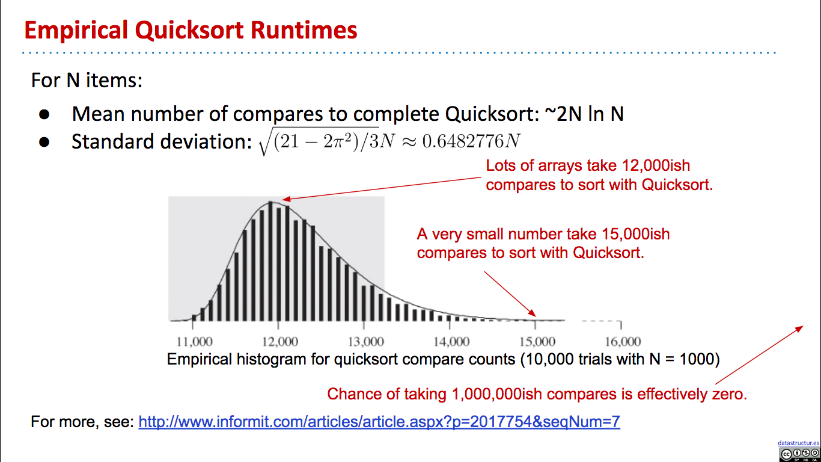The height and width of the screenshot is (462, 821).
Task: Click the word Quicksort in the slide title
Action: pos(189,31)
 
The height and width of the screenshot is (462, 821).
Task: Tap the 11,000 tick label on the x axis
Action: pos(194,342)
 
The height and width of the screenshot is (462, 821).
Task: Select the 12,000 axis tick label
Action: pos(279,342)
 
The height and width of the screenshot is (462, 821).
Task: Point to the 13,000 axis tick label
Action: pos(366,342)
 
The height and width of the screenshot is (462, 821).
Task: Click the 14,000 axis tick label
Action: pos(451,342)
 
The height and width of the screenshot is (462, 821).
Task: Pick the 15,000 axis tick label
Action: pos(537,342)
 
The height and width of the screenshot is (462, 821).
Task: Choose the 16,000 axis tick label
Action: pos(623,342)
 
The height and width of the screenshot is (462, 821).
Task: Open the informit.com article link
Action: pos(379,422)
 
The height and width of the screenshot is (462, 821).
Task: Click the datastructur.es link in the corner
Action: pos(798,443)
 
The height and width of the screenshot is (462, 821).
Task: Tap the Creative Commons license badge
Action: pos(799,454)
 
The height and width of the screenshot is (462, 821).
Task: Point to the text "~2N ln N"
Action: pos(584,114)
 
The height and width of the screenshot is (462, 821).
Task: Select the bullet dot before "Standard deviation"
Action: pos(44,142)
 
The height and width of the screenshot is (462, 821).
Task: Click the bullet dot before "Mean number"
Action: pos(44,114)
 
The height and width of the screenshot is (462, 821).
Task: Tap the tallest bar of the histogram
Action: pos(270,261)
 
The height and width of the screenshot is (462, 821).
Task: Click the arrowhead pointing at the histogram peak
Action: pos(286,199)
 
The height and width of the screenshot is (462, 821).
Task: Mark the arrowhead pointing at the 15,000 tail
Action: pos(532,313)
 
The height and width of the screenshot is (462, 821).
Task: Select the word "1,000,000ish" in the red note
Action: pos(496,395)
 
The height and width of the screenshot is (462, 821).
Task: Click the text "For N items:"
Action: pos(87,80)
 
